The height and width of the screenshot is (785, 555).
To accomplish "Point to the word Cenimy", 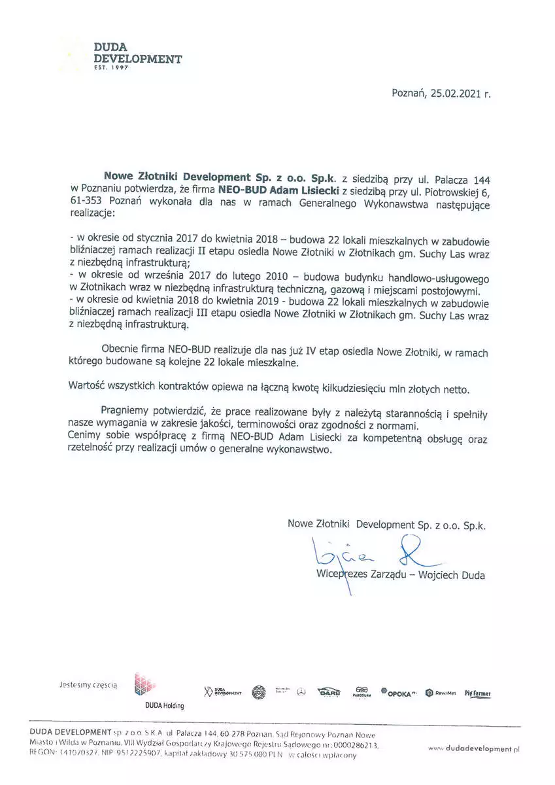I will tap(86, 437).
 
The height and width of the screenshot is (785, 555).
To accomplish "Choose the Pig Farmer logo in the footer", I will tap(477, 693).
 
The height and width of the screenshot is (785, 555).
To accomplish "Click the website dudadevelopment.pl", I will tap(475, 748).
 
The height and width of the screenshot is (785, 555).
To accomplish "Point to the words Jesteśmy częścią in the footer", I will tap(88, 684).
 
